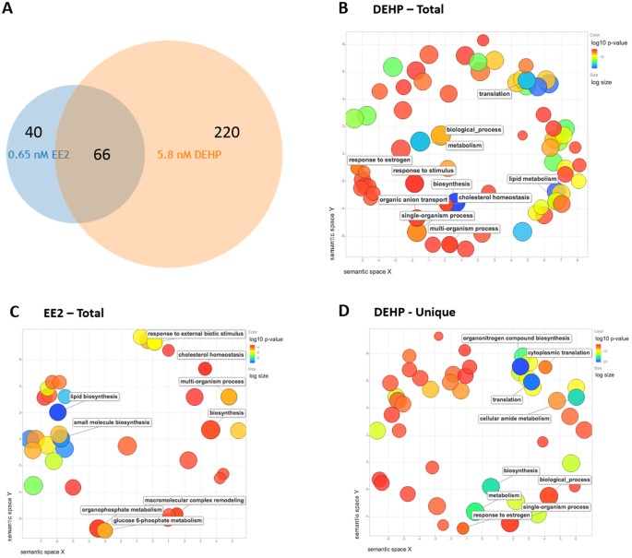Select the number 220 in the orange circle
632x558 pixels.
click(230, 133)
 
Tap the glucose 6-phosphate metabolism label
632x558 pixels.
click(157, 520)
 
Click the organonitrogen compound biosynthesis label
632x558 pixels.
click(516, 338)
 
